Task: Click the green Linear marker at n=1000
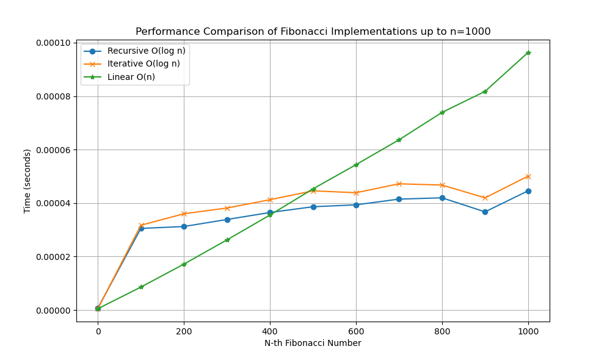[528, 52]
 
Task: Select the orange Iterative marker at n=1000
[528, 176]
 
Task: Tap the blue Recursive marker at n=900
[485, 212]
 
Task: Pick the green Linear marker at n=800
[442, 112]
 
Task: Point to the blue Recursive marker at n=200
[184, 226]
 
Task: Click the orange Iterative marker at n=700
[399, 184]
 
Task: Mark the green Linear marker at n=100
[141, 287]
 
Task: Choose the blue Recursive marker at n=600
[356, 204]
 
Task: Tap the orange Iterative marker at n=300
[227, 208]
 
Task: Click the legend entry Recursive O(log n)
[146, 51]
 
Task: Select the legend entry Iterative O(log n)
[143, 63]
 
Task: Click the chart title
[313, 32]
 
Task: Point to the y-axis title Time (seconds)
[27, 181]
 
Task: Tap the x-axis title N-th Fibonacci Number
[313, 343]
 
